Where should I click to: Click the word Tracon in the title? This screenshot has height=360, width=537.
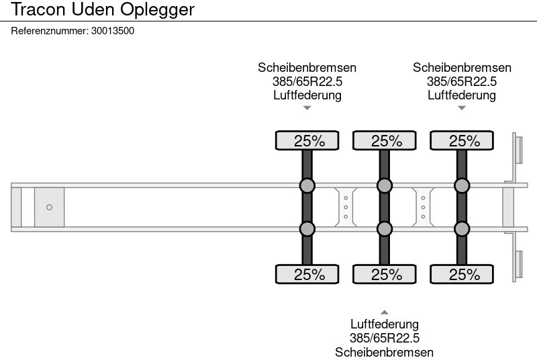pos(38,9)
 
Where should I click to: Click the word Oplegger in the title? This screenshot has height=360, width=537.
pos(157,10)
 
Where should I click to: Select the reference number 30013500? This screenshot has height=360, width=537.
pos(113,31)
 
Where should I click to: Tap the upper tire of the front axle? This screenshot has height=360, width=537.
pos(307,140)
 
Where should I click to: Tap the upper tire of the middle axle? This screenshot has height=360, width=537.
pos(385,140)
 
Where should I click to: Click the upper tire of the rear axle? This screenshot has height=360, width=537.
pos(462,140)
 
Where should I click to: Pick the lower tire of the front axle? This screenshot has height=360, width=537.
pos(307,274)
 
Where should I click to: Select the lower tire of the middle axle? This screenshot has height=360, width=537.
pos(385,274)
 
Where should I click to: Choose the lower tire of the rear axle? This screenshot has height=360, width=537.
pos(462,274)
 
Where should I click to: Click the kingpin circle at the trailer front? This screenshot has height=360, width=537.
pos(49,208)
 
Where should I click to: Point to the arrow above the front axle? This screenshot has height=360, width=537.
pos(307,108)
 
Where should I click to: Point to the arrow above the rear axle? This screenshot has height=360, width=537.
pos(462,108)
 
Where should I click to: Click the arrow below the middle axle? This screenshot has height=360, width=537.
pos(385,312)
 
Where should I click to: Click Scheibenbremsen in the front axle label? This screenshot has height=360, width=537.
pos(307,67)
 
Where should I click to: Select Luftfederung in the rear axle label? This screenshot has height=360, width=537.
pos(462,95)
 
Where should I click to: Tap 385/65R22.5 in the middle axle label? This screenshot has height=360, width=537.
pos(385,338)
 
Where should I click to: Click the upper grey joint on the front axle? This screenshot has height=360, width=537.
pos(307,185)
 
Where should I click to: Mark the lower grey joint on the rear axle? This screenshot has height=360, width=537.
pos(462,229)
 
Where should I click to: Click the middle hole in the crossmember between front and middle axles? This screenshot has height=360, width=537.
pos(346,208)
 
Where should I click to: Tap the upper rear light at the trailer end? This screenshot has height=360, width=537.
pos(518,150)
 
